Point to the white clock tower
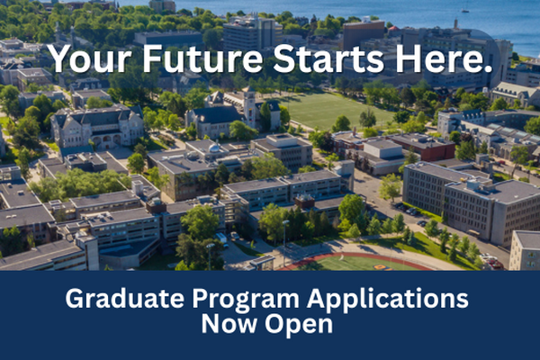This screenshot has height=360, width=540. tap(248, 106)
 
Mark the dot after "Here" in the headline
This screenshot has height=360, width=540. tap(490, 70)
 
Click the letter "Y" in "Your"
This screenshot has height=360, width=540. tap(58, 59)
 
